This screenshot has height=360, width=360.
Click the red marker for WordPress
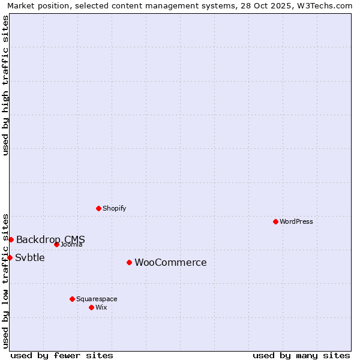275,221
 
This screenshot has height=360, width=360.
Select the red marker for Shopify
98,208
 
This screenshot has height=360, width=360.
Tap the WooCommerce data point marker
129,262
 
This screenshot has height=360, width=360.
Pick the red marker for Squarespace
72,299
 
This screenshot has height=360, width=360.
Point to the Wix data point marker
91,307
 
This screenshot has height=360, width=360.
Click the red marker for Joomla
56,244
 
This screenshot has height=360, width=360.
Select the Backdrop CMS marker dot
11,239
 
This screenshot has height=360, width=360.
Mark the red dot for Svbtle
10,257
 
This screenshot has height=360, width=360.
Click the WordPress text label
296,221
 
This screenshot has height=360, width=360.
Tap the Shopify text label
114,208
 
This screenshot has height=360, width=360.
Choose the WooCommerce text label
170,263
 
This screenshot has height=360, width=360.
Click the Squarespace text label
97,299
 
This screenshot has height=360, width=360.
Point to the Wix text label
101,307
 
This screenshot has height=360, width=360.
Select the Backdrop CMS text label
50,239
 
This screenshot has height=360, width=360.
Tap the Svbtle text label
30,257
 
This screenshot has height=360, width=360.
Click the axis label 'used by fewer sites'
62,355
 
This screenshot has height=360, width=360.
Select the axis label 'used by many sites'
301,355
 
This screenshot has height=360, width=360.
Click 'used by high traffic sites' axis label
5,85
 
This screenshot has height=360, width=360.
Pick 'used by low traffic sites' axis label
5,280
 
